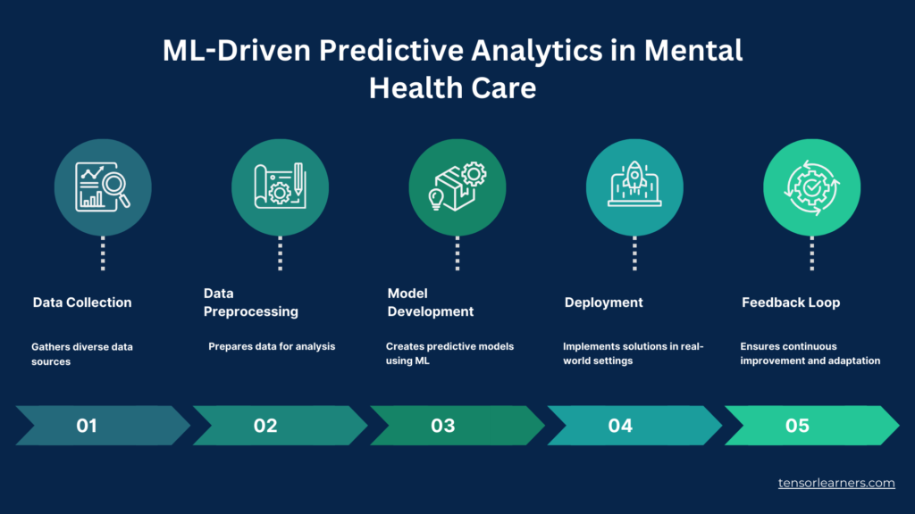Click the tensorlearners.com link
[x=836, y=483]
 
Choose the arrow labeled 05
[x=811, y=426]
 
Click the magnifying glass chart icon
[x=103, y=187]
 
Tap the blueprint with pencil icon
[x=280, y=186]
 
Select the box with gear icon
[x=457, y=186]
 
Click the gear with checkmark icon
[x=811, y=187]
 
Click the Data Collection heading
[x=82, y=303]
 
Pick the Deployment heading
[x=603, y=303]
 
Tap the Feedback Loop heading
[x=791, y=303]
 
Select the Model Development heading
[x=431, y=303]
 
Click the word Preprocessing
[x=251, y=311]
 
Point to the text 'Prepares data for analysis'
[x=272, y=346]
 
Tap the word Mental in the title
[x=693, y=50]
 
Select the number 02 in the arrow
[x=265, y=426]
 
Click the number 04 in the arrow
[x=620, y=426]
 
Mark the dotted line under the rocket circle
[x=634, y=253]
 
